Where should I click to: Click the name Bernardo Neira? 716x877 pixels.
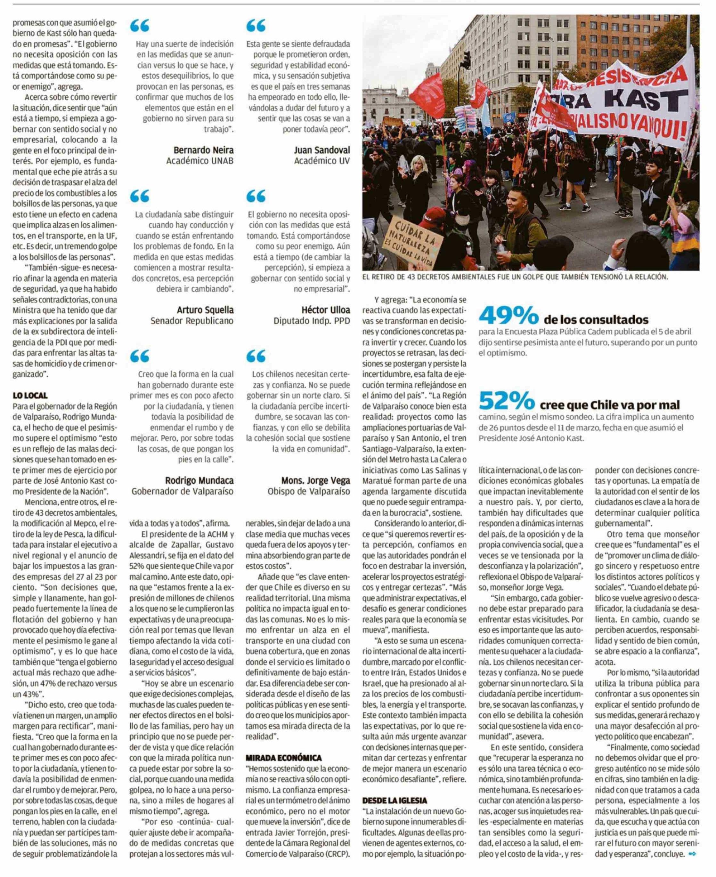[x=203, y=150]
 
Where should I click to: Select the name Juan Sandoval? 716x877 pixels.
[x=322, y=150]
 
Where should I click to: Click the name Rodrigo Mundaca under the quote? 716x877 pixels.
[x=199, y=480]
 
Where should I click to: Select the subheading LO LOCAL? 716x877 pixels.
[x=30, y=395]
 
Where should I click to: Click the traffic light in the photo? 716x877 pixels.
[x=466, y=60]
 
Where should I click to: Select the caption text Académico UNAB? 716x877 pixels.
[x=199, y=161]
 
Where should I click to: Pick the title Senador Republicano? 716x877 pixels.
[x=192, y=321]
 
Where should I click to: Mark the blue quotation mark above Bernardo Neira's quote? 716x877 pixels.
[x=139, y=26]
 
